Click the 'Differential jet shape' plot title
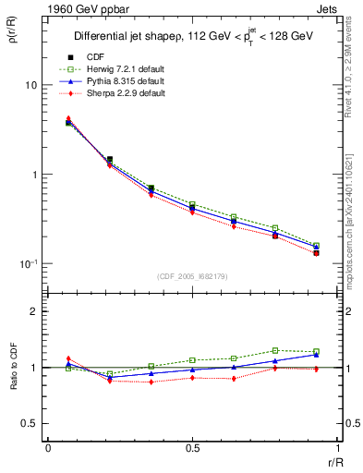pyautogui.click(x=195, y=37)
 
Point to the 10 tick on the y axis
pyautogui.click(x=30, y=85)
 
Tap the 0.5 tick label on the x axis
pyautogui.click(x=192, y=448)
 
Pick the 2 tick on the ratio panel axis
pyautogui.click(x=34, y=311)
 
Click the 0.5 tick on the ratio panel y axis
pyautogui.click(x=30, y=423)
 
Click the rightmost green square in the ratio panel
pyautogui.click(x=316, y=351)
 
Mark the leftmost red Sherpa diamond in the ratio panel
pyautogui.click(x=68, y=358)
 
